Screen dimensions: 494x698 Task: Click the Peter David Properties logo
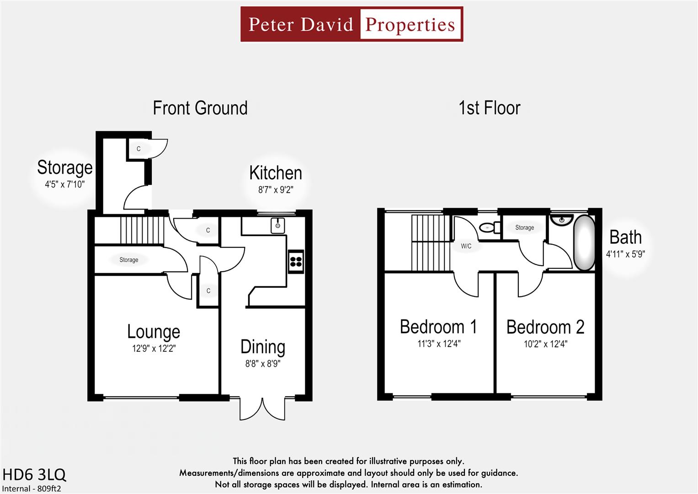pos(352,24)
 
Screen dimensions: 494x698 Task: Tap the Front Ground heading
pos(200,108)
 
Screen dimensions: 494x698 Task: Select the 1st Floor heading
pos(489,108)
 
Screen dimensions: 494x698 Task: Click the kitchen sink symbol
pos(277,226)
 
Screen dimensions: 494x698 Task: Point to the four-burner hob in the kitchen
pos(296,262)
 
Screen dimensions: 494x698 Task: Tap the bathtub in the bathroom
pos(584,242)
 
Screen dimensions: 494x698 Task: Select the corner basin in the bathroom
pos(561,220)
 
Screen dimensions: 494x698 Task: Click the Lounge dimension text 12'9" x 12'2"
pos(154,349)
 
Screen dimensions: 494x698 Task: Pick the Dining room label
pos(263,347)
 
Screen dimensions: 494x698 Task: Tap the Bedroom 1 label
pos(438,327)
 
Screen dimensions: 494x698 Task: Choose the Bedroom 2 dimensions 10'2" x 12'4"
pos(545,344)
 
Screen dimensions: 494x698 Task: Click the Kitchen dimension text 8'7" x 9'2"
pos(275,189)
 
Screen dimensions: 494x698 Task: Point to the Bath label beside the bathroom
pos(625,237)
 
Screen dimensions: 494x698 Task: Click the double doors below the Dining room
pos(263,408)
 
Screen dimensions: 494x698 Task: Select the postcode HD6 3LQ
pos(34,474)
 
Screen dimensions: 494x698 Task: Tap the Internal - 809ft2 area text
pos(32,489)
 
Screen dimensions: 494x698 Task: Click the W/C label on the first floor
pos(466,246)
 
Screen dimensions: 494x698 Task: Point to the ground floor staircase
pos(142,231)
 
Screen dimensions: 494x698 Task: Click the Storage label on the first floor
pos(524,227)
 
